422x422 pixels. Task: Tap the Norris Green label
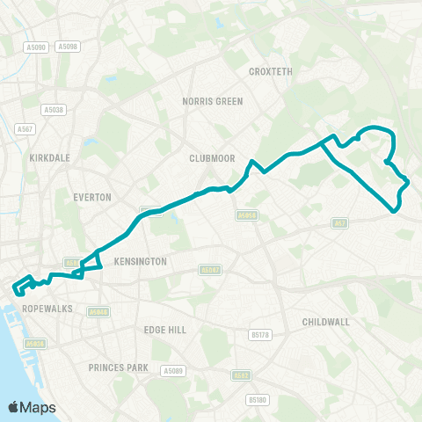pos(212,101)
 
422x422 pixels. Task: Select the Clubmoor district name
pos(208,158)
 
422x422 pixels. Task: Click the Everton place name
pos(94,198)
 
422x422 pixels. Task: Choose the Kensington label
pos(139,262)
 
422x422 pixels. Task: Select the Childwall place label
pos(325,323)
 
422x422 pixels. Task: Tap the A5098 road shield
pos(68,46)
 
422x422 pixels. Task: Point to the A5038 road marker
pos(53,110)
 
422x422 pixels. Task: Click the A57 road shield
pos(338,223)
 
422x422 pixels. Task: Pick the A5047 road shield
pos(210,270)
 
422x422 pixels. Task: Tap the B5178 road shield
pos(258,334)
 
